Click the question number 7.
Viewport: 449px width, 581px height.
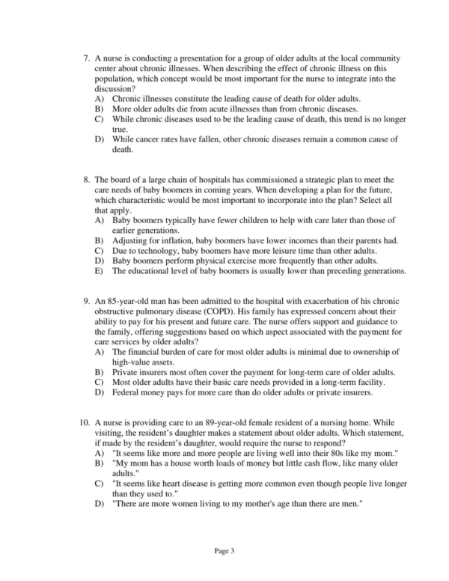coord(87,58)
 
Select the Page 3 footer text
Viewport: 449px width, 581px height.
coord(224,552)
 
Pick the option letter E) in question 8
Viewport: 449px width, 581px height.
coord(100,271)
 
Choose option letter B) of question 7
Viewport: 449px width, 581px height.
coord(100,109)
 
